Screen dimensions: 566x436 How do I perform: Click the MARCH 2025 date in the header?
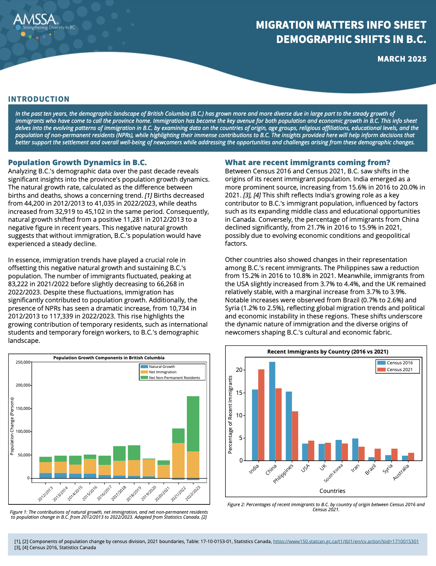pyautogui.click(x=402, y=59)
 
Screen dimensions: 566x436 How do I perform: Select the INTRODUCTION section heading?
pyautogui.click(x=39, y=99)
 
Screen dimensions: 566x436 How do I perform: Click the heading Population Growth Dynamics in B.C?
pyautogui.click(x=77, y=163)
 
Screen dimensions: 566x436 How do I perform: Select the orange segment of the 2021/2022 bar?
pyautogui.click(x=178, y=460)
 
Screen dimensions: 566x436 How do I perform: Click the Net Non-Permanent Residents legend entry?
pyautogui.click(x=174, y=378)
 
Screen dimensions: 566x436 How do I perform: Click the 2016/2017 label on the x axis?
pyautogui.click(x=105, y=493)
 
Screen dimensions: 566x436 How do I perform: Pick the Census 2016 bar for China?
pyautogui.click(x=272, y=411)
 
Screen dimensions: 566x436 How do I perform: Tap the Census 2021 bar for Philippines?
pyautogui.click(x=295, y=436)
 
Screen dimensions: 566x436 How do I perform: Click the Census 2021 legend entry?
pyautogui.click(x=399, y=370)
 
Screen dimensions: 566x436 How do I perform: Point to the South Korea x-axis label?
pyautogui.click(x=334, y=473)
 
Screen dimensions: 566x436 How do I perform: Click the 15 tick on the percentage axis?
pyautogui.click(x=239, y=393)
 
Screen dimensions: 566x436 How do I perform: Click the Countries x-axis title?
pyautogui.click(x=332, y=491)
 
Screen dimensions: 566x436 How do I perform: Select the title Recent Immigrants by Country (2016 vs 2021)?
pyautogui.click(x=328, y=352)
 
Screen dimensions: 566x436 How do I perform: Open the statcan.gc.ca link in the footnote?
pyautogui.click(x=346, y=541)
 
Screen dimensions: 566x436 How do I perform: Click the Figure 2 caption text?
pyautogui.click(x=326, y=507)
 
